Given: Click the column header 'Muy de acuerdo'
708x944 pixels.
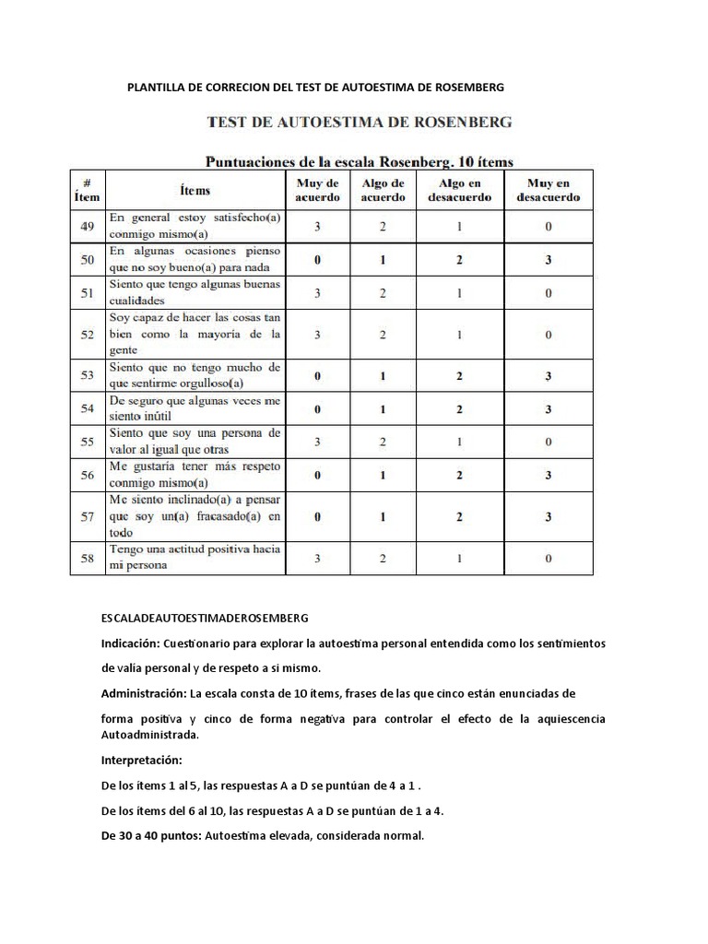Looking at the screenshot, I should [x=317, y=190].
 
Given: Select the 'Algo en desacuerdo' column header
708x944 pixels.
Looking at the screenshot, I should [x=458, y=190].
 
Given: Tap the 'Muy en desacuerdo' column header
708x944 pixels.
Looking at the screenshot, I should [x=548, y=190].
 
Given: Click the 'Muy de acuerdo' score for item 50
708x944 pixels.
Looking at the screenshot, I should [x=317, y=261].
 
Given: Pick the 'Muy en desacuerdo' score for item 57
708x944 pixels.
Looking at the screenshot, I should [x=548, y=517].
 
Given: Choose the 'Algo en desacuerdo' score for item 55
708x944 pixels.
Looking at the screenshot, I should [x=458, y=442].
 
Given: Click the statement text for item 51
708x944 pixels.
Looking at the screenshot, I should [x=195, y=292].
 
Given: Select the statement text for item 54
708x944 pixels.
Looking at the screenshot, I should [x=195, y=408].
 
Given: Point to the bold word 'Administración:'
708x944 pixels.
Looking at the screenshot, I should [x=143, y=692].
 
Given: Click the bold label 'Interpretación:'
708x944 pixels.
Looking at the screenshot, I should [x=142, y=761].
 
